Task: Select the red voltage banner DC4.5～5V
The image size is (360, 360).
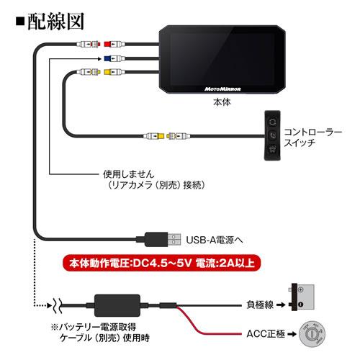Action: (x=162, y=263)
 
